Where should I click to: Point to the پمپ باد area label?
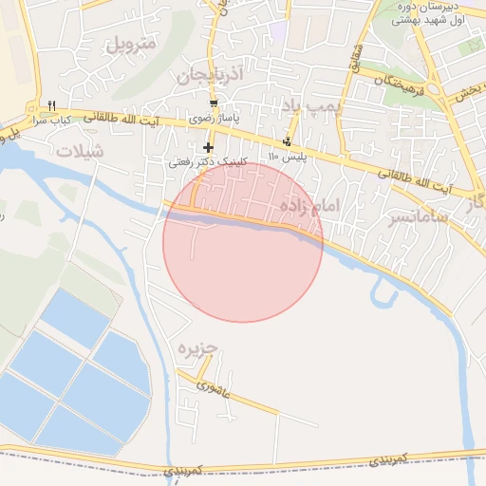pyautogui.click(x=310, y=104)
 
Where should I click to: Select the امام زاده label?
pyautogui.click(x=310, y=206)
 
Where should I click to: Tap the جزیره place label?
pyautogui.click(x=198, y=348)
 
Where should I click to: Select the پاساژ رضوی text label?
pyautogui.click(x=212, y=119)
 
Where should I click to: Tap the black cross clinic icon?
pyautogui.click(x=209, y=147)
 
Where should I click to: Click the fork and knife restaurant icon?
pyautogui.click(x=52, y=105)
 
